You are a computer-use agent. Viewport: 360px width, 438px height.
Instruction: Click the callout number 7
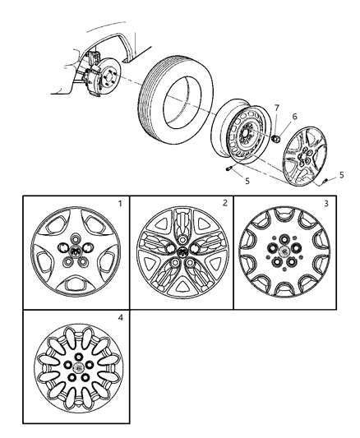tap(276, 108)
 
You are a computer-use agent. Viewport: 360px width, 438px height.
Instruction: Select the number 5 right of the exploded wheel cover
tap(341, 174)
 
